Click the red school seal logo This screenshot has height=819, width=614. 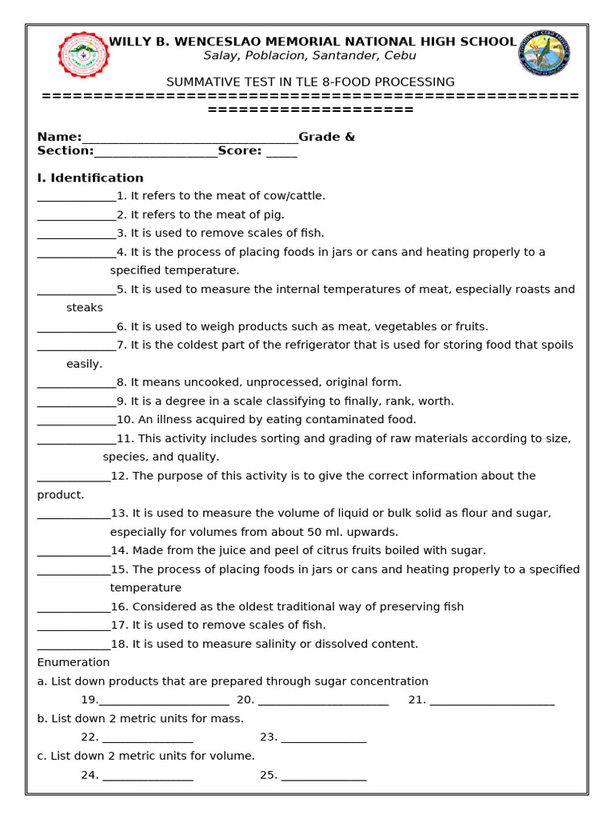coord(83,54)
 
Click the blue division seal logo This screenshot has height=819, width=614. coord(544,53)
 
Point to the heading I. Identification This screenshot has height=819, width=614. coord(90,178)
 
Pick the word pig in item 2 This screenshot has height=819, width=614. coord(274,214)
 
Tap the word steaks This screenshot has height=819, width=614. coord(85,307)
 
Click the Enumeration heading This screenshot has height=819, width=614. coord(74,662)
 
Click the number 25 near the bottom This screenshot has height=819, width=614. coord(268,775)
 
